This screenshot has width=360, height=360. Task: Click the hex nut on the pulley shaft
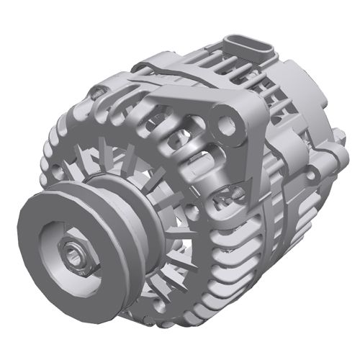(x=75, y=253)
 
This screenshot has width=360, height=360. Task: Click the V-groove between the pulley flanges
(x=108, y=202)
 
